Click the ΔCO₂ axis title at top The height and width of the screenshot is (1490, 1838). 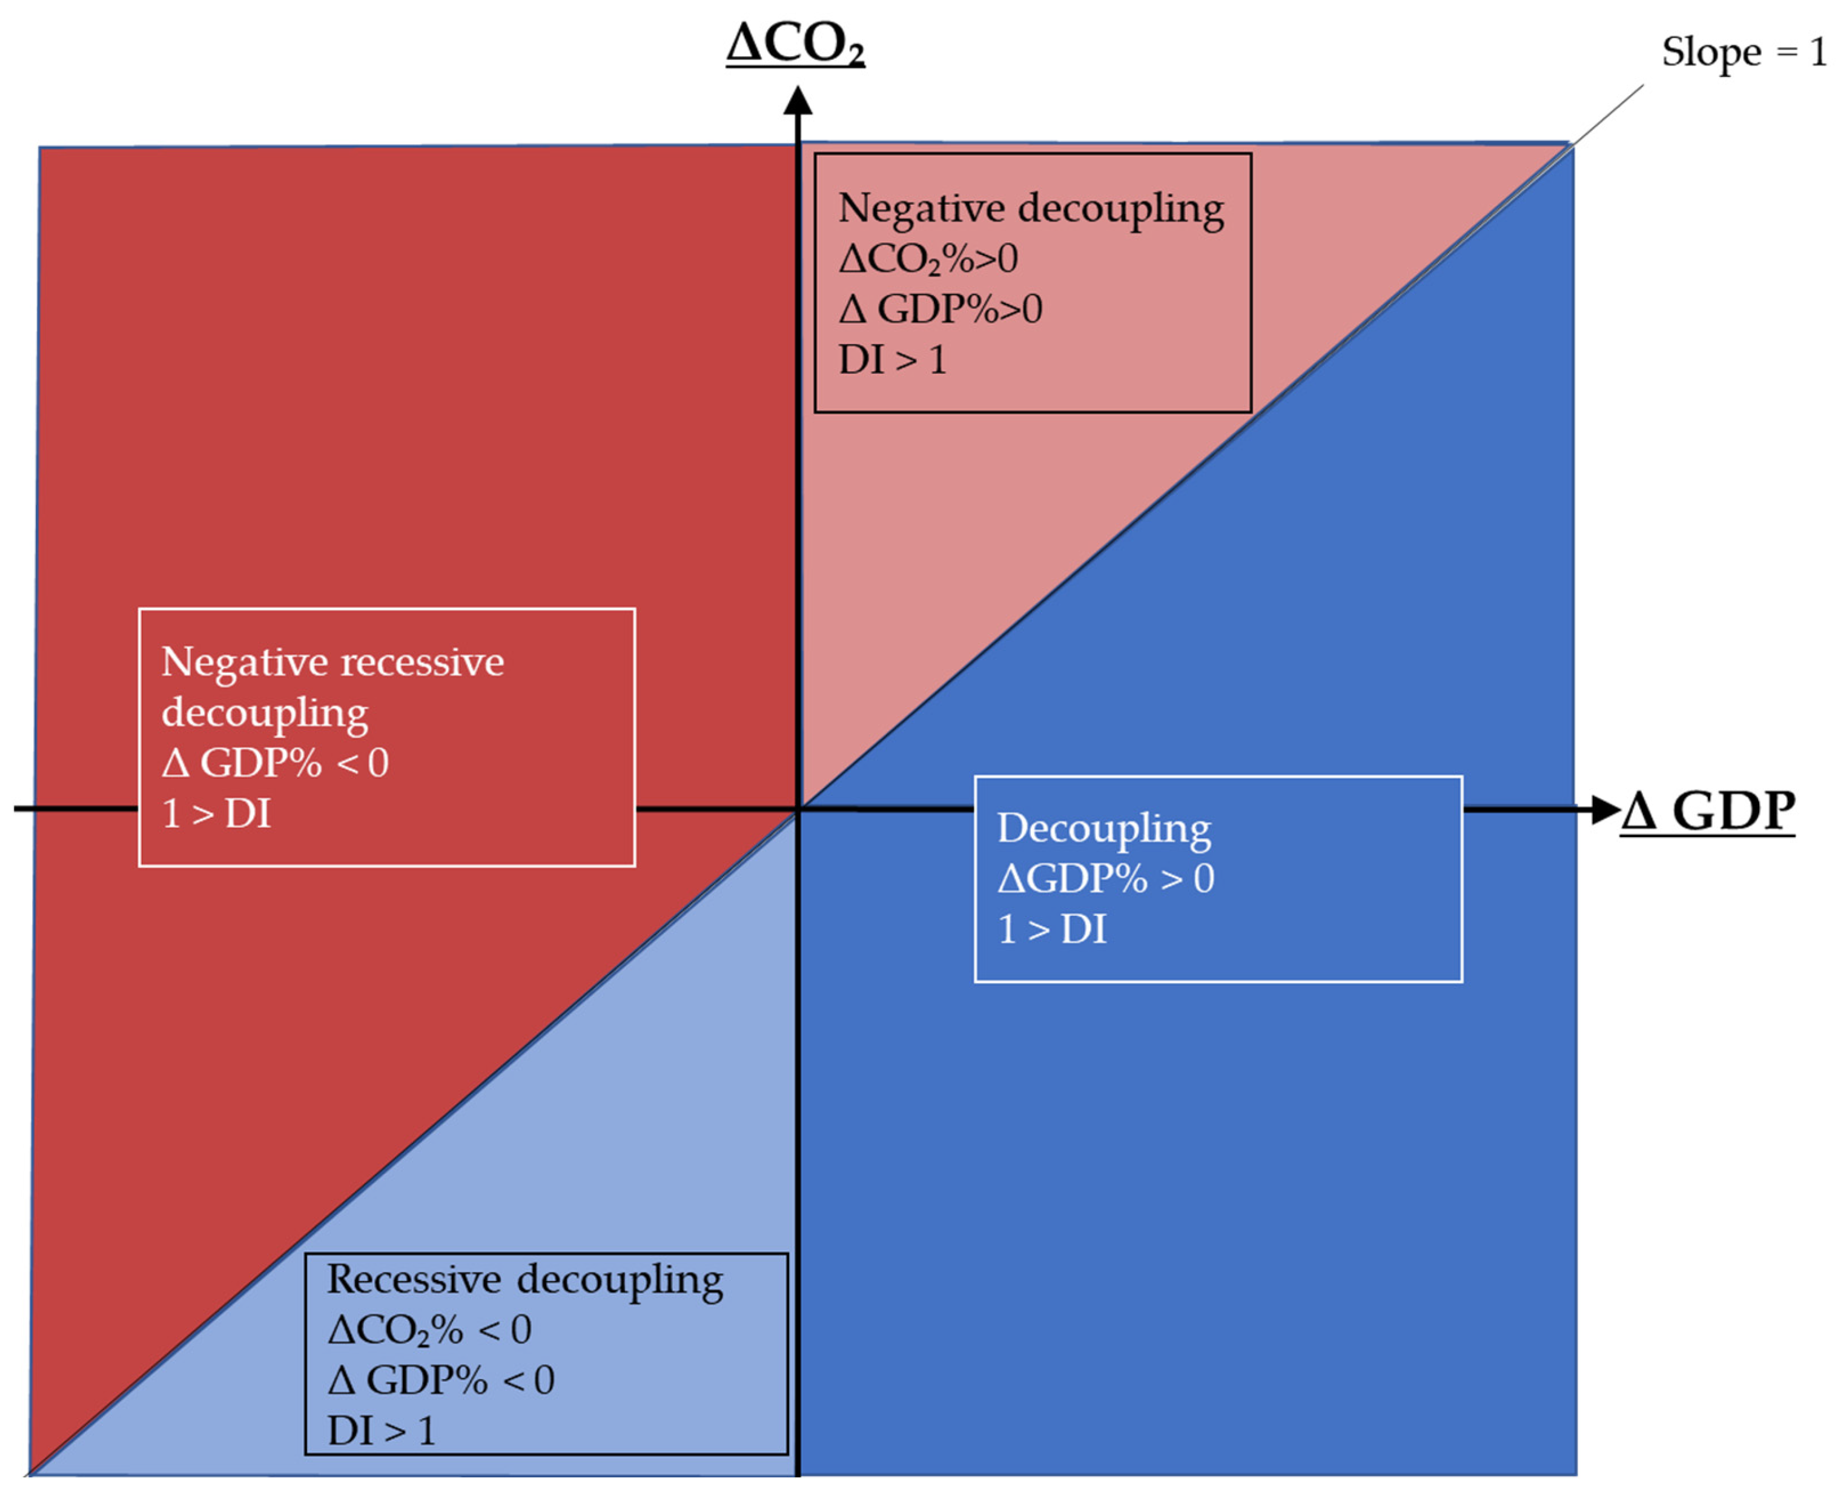pos(795,45)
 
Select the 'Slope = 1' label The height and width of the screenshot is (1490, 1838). pos(1743,52)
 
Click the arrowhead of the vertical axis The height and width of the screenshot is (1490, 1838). pos(798,101)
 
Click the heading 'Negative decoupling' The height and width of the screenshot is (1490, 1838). pos(1031,208)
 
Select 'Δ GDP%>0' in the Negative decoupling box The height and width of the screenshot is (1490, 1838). pos(940,309)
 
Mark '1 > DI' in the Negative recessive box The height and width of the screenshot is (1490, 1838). pos(216,813)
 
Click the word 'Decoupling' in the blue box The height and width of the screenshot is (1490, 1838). pos(1103,828)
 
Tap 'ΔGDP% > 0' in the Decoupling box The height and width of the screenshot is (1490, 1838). pos(1105,878)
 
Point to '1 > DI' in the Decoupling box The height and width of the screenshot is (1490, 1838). pos(1052,929)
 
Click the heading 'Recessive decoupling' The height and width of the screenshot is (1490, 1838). pos(525,1280)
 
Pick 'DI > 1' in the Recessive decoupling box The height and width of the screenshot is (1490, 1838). pos(381,1431)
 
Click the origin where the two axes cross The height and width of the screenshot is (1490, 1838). pos(799,809)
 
